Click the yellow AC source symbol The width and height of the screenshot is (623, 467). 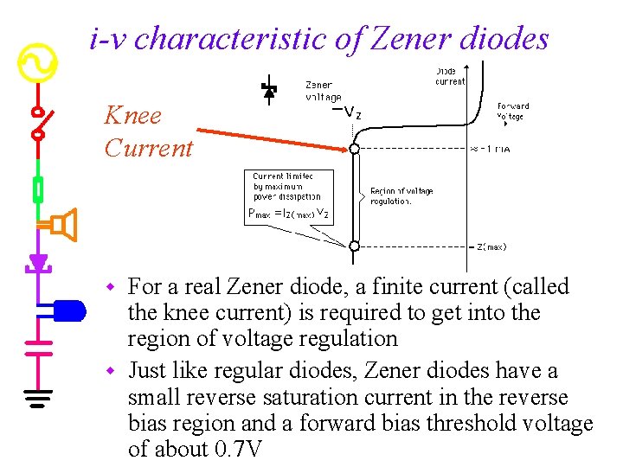click(x=38, y=62)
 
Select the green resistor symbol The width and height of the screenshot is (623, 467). click(x=38, y=188)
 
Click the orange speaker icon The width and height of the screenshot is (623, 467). click(x=62, y=226)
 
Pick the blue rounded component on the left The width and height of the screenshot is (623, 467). click(x=68, y=310)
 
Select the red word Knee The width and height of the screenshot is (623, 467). click(x=132, y=115)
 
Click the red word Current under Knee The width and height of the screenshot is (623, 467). click(x=148, y=148)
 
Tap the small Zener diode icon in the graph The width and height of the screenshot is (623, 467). click(x=269, y=89)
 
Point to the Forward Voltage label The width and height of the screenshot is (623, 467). click(x=512, y=111)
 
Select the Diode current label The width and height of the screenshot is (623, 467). click(x=449, y=76)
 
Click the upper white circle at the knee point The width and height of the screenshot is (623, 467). click(x=354, y=149)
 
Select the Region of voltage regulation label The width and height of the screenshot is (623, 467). click(x=401, y=196)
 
